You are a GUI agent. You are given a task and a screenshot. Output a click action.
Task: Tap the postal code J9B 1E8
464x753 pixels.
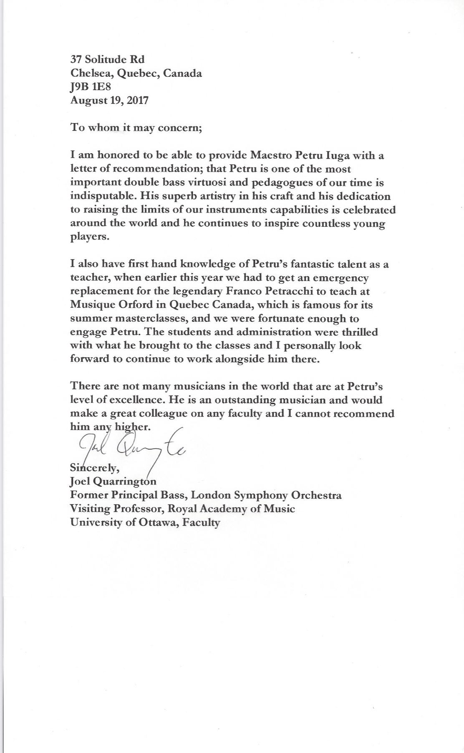point(90,87)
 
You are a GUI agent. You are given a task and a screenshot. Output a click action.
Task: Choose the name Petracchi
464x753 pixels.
point(303,291)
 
